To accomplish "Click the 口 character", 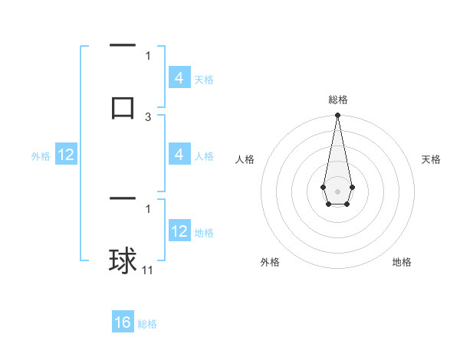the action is tap(123, 106).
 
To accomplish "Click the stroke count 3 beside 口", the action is tap(148, 116).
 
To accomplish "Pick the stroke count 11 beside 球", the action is tap(148, 270).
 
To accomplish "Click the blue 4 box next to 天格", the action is tap(179, 77).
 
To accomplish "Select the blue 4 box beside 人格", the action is tap(179, 155).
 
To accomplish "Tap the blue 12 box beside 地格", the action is tap(179, 231).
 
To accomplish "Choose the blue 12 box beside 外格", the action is tap(66, 155).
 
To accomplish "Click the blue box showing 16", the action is tap(123, 322).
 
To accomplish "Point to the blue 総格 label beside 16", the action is tap(147, 324).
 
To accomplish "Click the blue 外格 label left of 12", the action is tap(41, 156).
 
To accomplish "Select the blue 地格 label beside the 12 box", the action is tap(204, 233).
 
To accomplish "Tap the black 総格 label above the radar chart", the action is tap(337, 100).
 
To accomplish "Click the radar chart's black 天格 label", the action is tap(431, 159).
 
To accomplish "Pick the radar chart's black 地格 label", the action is tap(402, 262).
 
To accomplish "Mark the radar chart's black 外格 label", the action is tap(270, 262).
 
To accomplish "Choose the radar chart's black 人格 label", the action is tap(245, 159).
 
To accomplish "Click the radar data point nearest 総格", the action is tap(337, 116).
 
